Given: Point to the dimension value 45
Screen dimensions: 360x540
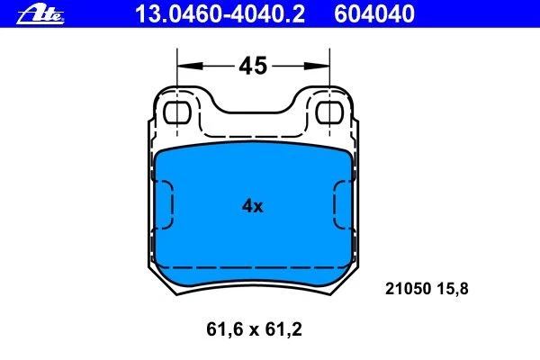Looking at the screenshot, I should click(x=253, y=66).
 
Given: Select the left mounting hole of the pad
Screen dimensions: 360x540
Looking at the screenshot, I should click(x=180, y=112).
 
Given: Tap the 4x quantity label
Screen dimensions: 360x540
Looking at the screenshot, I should click(x=252, y=206).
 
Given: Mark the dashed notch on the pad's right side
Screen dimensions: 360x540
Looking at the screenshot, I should click(x=343, y=206).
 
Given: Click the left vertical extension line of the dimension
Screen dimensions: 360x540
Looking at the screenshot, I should click(x=178, y=81).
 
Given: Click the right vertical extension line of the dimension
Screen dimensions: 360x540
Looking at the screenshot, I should click(x=329, y=81).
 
